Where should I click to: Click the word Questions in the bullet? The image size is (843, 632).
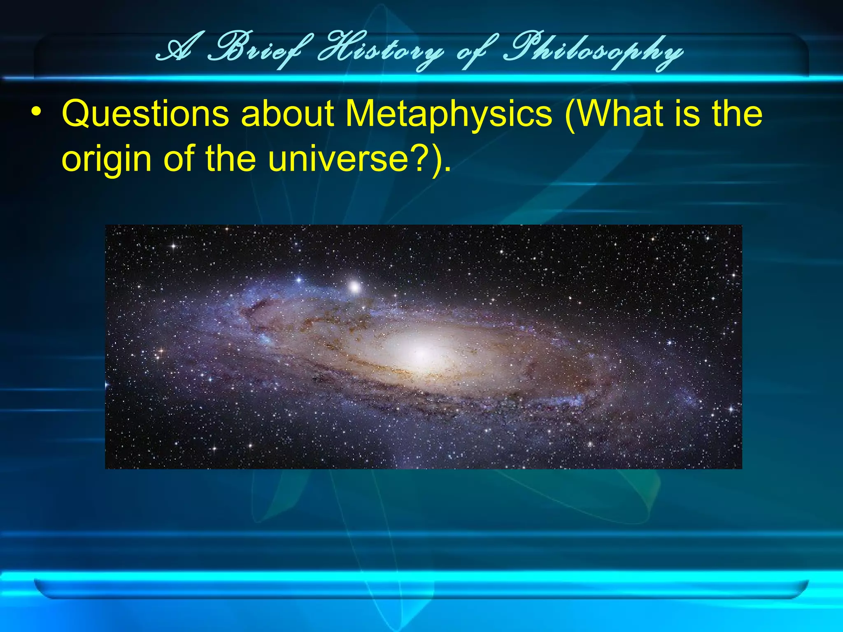(145, 114)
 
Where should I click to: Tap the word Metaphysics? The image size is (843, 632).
(449, 114)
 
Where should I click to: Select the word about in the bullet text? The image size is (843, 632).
(287, 114)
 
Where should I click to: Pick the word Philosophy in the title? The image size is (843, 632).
(593, 53)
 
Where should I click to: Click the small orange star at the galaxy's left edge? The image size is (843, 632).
(161, 352)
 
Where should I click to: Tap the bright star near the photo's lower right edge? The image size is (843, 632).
(731, 409)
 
